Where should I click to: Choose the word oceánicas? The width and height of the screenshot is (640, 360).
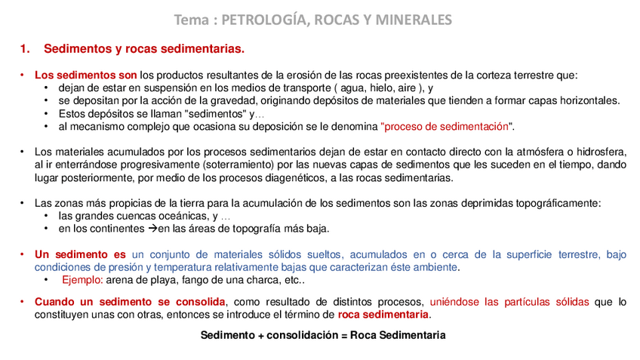tap(176, 217)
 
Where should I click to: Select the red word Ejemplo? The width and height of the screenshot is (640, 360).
tap(82, 280)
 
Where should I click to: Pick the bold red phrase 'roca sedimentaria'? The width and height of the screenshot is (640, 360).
tap(383, 315)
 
